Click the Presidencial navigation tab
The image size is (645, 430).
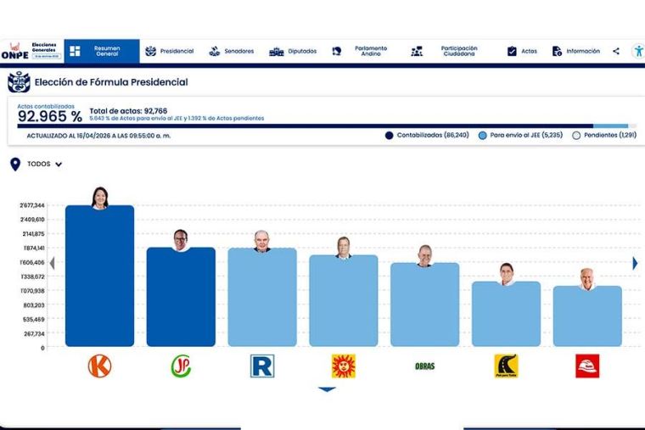click(170, 51)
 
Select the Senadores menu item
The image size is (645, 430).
click(232, 51)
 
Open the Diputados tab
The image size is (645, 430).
click(293, 51)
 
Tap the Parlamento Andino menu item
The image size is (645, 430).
click(362, 51)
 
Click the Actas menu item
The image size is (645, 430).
click(522, 51)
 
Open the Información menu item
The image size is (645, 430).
click(576, 51)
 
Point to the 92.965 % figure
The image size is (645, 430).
click(49, 117)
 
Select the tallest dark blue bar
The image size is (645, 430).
click(99, 276)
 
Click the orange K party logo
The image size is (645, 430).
click(99, 366)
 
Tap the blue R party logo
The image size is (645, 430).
click(262, 366)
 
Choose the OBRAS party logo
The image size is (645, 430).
click(424, 366)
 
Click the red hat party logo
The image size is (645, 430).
click(587, 366)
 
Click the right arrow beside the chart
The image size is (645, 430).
click(635, 263)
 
